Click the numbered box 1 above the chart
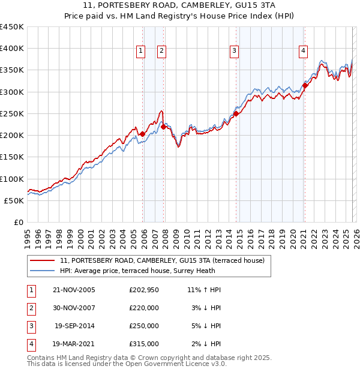pyautogui.click(x=140, y=52)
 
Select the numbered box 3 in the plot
pyautogui.click(x=234, y=52)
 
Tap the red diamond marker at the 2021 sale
pyautogui.click(x=305, y=85)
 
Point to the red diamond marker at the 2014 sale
pyautogui.click(x=236, y=113)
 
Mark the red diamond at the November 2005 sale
pyautogui.click(x=142, y=134)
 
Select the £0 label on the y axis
pyautogui.click(x=18, y=222)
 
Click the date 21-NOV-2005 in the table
pyautogui.click(x=74, y=290)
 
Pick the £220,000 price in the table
pyautogui.click(x=144, y=308)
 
